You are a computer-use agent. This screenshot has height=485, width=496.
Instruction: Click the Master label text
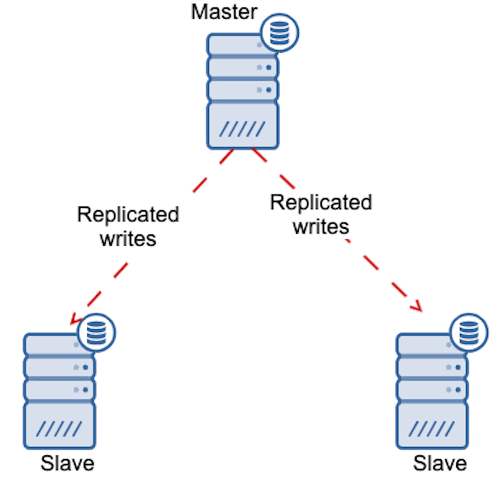pos(224,11)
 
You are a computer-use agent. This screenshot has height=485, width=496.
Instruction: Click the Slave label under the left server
pos(68,463)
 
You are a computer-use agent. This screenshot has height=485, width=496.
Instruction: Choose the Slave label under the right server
pos(440,463)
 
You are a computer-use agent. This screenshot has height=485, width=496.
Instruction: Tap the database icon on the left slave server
pos(96,332)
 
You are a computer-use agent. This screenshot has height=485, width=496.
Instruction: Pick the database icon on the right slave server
pos(469,332)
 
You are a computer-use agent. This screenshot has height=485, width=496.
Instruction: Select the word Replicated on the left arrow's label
pos(128,215)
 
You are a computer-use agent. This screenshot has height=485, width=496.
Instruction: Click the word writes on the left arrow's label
pos(128,238)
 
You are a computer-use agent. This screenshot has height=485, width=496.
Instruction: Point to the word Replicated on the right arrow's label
pos(321,203)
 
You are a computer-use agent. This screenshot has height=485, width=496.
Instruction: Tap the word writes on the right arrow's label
pos(321,226)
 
